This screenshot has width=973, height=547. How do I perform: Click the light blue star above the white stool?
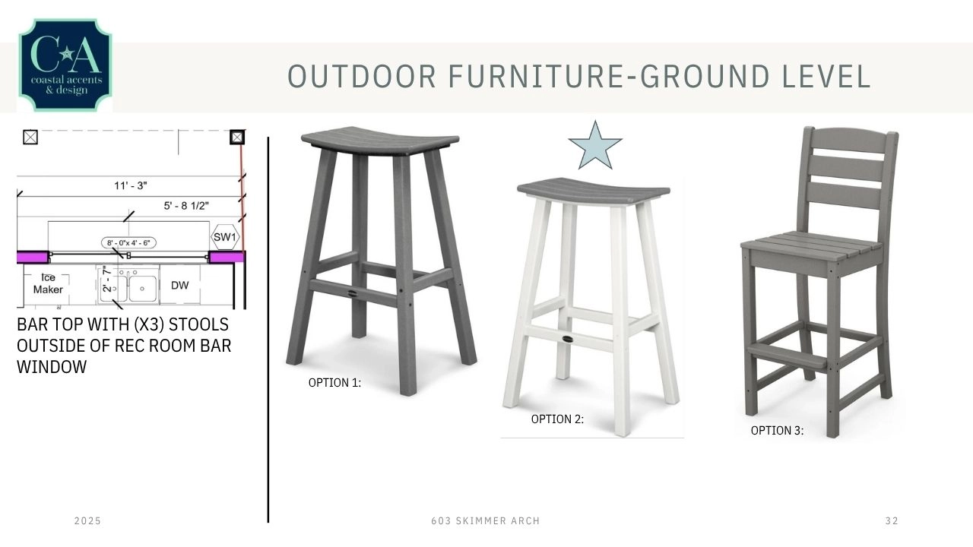(x=595, y=147)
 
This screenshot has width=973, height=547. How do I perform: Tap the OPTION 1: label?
(x=334, y=383)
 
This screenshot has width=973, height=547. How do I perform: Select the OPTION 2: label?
(x=557, y=419)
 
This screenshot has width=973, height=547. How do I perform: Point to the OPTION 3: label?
(x=777, y=431)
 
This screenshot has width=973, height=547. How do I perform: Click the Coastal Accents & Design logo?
(x=65, y=65)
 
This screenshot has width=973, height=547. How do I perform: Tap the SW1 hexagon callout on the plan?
(x=224, y=237)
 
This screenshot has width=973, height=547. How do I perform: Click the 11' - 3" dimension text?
(x=130, y=186)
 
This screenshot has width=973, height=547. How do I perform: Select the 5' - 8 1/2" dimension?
(x=186, y=206)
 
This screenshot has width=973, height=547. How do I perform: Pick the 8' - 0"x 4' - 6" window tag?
(x=128, y=242)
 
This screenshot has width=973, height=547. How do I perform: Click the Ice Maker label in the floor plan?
(x=48, y=283)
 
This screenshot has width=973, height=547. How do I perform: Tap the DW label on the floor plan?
(x=180, y=286)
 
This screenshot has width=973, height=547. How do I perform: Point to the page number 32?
(x=892, y=521)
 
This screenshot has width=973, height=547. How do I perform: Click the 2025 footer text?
(x=87, y=521)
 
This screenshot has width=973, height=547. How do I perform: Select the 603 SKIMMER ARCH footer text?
(x=485, y=521)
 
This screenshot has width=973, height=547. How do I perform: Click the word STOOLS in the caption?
(x=198, y=324)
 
